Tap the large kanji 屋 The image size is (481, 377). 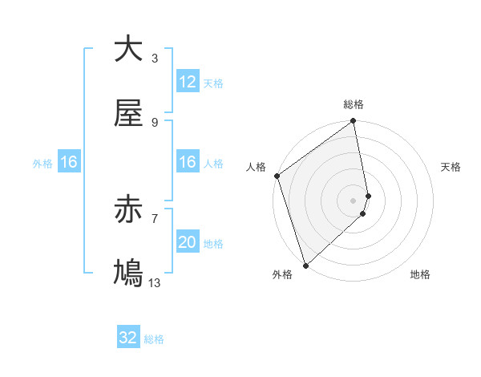pos(128,114)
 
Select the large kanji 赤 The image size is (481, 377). pos(128,211)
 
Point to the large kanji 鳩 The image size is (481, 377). pos(128,274)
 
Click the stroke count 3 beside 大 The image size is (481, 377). pos(155,59)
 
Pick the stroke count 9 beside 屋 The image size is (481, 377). pos(155,122)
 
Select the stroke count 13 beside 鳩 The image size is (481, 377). pos(155,282)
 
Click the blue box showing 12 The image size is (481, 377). pos(188,82)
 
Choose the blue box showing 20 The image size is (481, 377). pos(188,242)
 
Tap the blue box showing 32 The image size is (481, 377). pos(128,338)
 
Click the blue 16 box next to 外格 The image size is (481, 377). pos(69,162)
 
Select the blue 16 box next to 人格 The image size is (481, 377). pos(188,162)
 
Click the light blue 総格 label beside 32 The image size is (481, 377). pos(154,339)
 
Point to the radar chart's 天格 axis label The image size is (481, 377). pos(451,167)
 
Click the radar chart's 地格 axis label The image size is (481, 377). pos(420,274)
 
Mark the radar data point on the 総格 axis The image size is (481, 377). pos(354,122)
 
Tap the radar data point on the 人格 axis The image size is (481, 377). pos(277,176)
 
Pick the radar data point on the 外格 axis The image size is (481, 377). pos(305,265)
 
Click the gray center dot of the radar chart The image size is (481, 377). pos(354,200)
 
